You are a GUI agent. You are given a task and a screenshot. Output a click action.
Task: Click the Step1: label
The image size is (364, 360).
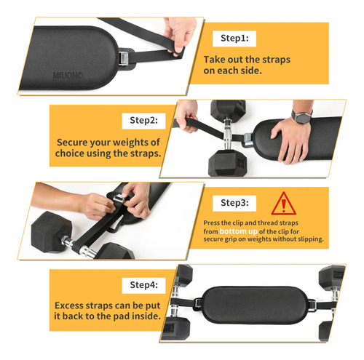(x=234, y=39)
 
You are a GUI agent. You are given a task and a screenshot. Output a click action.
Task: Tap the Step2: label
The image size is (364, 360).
(x=143, y=121)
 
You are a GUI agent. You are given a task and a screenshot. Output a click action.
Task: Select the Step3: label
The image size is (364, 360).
(x=234, y=203)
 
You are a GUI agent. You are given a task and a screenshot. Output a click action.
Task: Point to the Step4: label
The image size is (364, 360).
(x=143, y=285)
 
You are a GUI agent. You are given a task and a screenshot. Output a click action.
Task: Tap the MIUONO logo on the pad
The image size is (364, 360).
(x=68, y=75)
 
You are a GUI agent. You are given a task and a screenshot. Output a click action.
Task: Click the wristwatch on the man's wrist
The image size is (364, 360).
(x=301, y=117)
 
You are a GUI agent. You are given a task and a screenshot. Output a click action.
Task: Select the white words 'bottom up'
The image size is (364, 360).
(x=238, y=231)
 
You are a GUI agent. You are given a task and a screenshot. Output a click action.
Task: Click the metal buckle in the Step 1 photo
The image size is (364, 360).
(x=124, y=59)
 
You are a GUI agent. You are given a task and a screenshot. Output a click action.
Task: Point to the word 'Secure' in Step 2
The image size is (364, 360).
(x=72, y=143)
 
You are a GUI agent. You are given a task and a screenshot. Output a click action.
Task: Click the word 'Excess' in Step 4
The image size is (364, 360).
(x=69, y=305)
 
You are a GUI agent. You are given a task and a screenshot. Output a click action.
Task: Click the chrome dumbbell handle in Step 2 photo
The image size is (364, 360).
(x=228, y=134)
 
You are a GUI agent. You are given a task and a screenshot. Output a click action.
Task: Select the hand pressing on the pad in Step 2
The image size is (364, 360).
(x=290, y=139)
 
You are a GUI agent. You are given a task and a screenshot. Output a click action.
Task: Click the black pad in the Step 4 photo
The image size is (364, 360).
(x=255, y=305)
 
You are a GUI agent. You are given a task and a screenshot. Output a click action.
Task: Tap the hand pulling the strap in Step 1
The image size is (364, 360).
(x=180, y=34)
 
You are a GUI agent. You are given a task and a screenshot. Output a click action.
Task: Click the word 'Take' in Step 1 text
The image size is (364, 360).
(x=213, y=60)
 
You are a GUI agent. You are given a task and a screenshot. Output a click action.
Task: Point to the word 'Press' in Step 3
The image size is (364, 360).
(x=212, y=223)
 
